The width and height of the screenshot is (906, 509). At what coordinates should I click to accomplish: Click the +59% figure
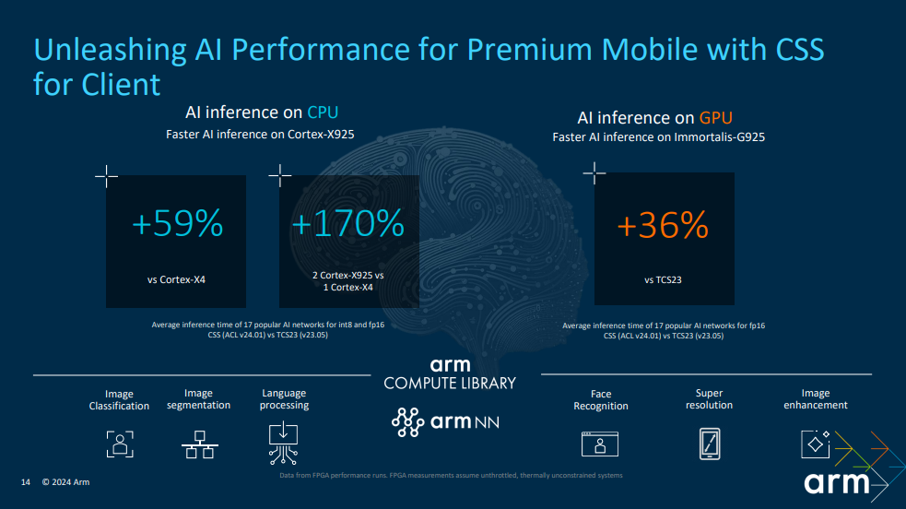177,223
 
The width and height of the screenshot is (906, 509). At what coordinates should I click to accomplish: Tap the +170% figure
347,223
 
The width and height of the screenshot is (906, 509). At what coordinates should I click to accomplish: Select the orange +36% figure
663,225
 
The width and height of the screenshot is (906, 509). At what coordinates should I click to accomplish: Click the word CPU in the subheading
323,112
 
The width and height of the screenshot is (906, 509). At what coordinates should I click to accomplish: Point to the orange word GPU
715,118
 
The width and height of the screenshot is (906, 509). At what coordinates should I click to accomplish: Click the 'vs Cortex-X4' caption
176,279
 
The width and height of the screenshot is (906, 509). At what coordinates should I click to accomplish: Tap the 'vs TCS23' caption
663,279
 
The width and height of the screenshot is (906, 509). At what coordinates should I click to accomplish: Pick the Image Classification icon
120,444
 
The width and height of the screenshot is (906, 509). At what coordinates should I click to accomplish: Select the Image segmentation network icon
199,444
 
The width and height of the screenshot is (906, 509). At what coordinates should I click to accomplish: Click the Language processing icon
283,444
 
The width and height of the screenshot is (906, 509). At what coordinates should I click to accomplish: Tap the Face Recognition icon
600,444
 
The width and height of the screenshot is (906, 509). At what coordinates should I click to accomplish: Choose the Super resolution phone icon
710,444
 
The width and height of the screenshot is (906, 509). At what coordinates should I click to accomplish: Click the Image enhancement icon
816,444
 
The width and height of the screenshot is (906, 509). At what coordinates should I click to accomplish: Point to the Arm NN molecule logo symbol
408,421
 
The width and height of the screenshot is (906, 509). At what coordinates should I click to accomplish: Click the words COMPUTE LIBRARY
450,383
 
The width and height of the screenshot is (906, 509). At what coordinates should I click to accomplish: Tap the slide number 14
26,482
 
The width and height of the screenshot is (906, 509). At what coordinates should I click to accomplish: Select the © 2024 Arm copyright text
65,482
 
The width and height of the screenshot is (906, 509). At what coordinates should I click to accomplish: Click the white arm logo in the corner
837,482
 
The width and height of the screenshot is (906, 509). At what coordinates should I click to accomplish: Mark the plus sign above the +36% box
594,172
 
